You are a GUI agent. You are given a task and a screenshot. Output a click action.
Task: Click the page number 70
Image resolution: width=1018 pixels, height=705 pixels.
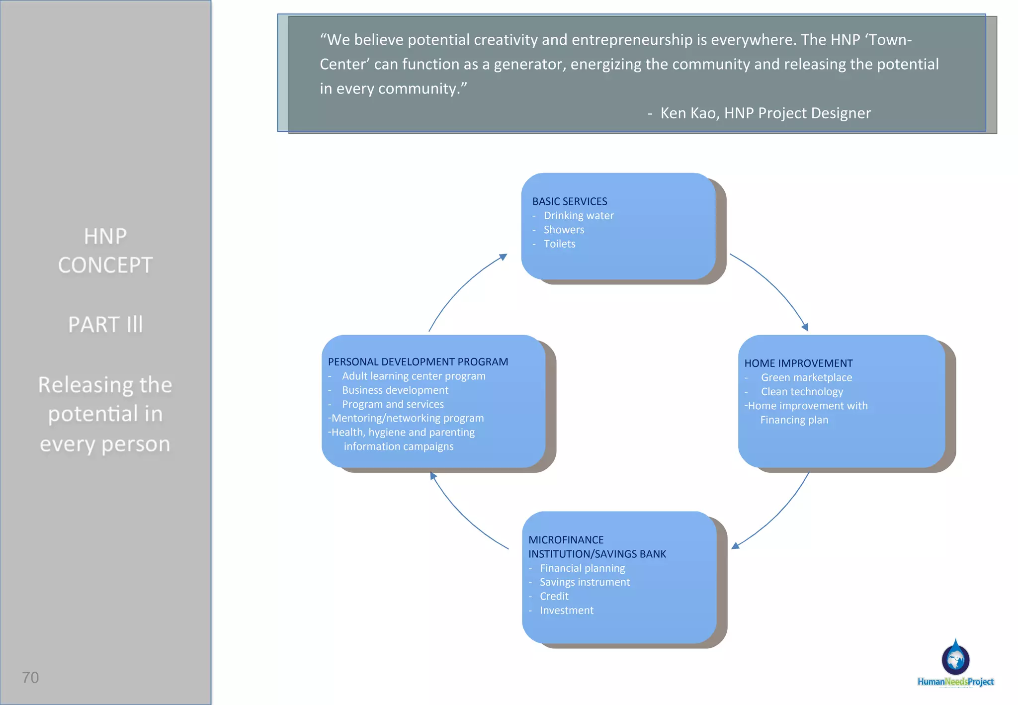(x=30, y=677)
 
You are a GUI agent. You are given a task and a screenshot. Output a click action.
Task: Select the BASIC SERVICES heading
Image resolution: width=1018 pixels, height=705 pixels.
(x=570, y=201)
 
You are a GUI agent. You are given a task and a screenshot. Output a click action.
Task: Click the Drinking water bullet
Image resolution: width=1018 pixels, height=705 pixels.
(x=579, y=216)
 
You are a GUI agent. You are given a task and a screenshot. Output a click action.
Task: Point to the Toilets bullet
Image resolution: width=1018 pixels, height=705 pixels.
(x=559, y=244)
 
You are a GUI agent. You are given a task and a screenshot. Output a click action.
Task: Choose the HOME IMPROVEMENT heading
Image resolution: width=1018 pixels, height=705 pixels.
(x=798, y=363)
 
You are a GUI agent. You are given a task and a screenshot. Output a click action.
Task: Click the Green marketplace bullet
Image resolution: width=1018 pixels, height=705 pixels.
(x=806, y=378)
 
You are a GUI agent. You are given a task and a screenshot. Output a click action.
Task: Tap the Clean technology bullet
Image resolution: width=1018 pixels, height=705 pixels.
(x=802, y=392)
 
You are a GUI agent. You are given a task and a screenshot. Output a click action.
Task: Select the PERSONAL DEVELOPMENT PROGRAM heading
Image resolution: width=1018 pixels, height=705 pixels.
(x=418, y=362)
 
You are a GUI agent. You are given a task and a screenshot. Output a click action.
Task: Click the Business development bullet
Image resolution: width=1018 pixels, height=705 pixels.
(x=395, y=390)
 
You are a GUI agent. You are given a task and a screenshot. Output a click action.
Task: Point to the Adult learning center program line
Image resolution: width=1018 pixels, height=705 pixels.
(x=414, y=376)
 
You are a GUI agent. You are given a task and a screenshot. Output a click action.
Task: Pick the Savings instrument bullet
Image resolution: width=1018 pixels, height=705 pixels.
(x=585, y=582)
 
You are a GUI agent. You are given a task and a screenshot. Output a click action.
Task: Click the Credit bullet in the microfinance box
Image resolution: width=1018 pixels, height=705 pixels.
(x=554, y=596)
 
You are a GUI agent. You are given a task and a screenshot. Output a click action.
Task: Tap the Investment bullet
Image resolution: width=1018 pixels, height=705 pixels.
(x=567, y=611)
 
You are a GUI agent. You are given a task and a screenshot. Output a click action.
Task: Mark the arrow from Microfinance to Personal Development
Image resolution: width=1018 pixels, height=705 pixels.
(x=462, y=517)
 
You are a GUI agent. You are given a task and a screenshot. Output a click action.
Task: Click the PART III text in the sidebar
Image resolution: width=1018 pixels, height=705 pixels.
(x=105, y=325)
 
